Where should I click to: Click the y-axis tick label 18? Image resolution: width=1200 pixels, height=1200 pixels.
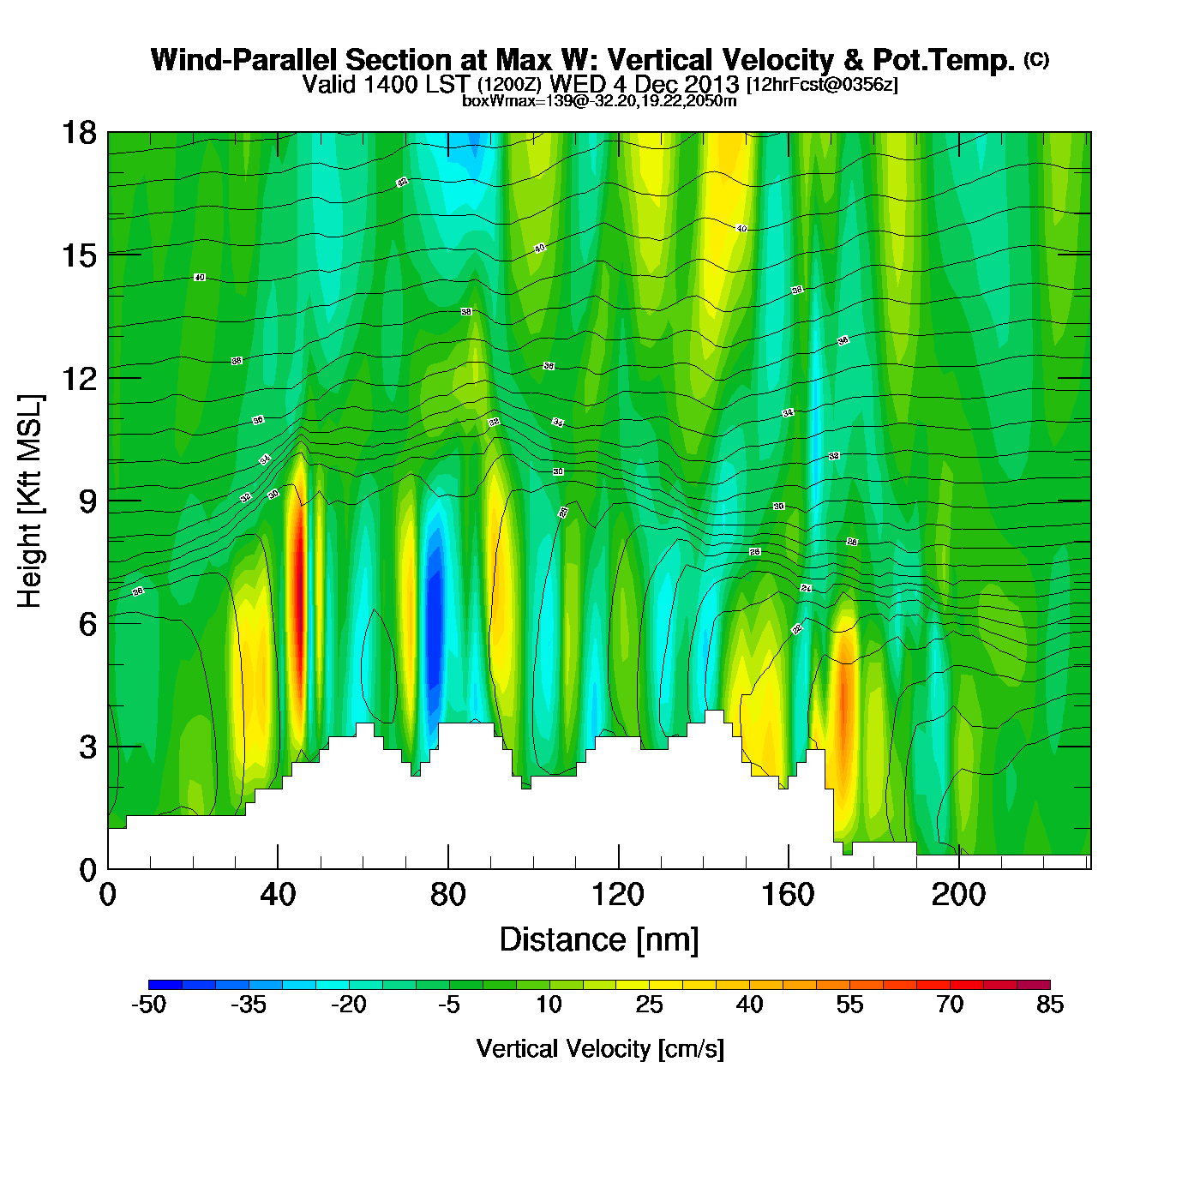[x=78, y=133]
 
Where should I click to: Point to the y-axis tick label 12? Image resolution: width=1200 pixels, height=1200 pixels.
[x=78, y=378]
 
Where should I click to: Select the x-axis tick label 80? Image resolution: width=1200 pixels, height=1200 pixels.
[x=448, y=896]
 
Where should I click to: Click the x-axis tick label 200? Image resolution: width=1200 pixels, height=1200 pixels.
[x=958, y=896]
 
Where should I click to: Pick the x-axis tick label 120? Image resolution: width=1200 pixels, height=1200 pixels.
[x=618, y=896]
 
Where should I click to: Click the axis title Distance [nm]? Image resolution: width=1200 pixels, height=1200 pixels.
[x=599, y=940]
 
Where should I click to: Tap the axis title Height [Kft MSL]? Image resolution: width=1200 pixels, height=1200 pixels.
[x=30, y=501]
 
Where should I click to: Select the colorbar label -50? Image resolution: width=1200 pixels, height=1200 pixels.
[x=148, y=1005]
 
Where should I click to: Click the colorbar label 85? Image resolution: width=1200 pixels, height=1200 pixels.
[x=1050, y=1005]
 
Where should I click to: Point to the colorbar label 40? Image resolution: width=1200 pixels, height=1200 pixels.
[x=749, y=1005]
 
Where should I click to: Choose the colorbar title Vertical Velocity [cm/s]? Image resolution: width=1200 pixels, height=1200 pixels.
[x=600, y=1049]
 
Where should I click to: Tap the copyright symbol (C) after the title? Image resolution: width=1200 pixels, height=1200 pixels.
[x=1035, y=59]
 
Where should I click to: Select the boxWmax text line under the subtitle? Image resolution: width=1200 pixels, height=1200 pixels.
[x=599, y=100]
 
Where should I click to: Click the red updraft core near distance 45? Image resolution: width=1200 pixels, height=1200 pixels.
[x=298, y=583]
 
